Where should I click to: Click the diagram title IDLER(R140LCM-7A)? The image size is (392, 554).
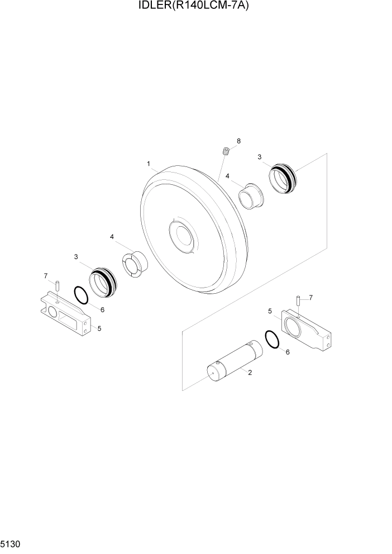(196, 6)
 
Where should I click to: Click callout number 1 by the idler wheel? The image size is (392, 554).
(149, 164)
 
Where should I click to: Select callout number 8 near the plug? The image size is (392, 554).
(238, 141)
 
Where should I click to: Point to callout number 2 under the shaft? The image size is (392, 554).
(250, 372)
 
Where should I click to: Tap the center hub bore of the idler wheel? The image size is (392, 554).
(182, 237)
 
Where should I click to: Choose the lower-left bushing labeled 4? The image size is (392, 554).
(134, 263)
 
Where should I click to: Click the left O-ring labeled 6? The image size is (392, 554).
(80, 295)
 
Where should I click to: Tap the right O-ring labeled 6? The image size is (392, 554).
(273, 339)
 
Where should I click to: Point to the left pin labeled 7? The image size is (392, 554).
(57, 285)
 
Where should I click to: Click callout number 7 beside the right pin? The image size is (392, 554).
(310, 297)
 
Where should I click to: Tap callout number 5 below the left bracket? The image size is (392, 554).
(99, 328)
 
